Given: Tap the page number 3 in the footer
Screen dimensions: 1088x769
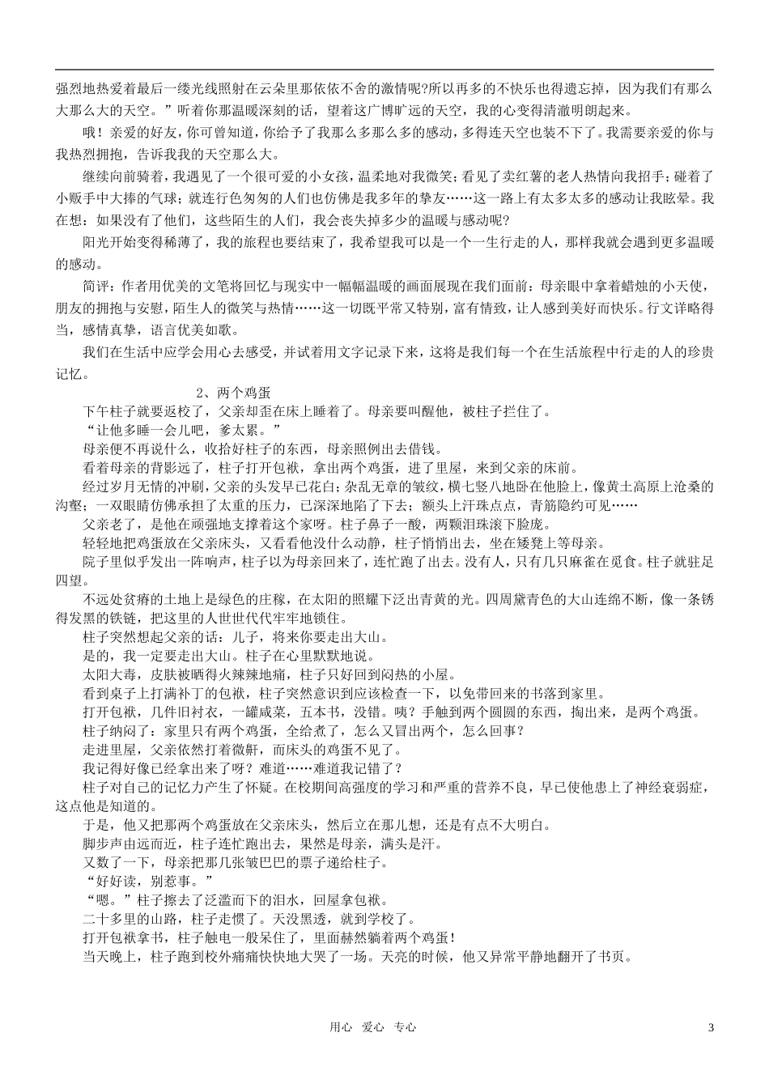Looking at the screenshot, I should (x=711, y=1027).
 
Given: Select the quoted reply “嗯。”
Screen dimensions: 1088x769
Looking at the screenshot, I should (x=101, y=899).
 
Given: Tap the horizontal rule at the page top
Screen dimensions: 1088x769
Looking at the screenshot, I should (x=384, y=70).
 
